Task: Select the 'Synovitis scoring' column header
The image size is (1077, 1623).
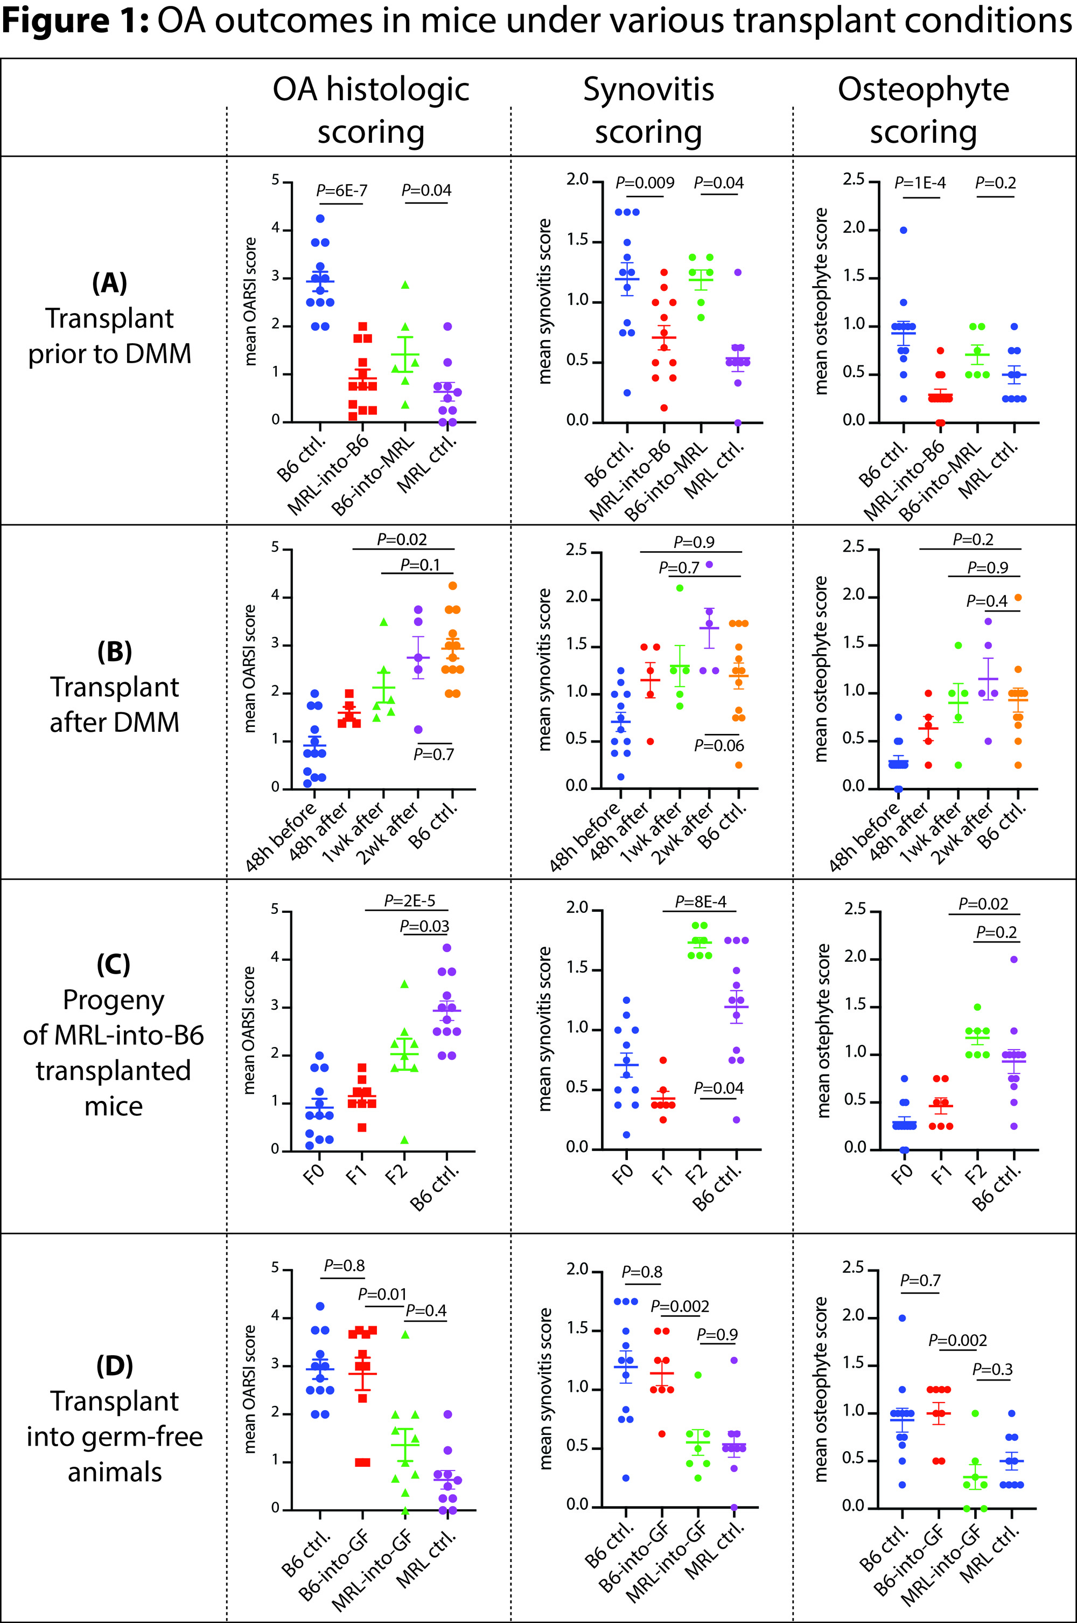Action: (648, 110)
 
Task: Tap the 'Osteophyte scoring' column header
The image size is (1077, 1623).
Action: (923, 110)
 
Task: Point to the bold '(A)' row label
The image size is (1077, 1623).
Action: (109, 282)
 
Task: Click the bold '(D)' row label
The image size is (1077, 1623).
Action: (114, 1365)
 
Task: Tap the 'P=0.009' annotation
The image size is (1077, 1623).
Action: (644, 183)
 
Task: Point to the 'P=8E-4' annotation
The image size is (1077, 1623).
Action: (700, 901)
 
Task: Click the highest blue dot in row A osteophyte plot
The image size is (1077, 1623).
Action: (903, 230)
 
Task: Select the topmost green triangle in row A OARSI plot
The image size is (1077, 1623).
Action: (405, 285)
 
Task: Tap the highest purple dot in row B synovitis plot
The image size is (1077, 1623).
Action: (709, 565)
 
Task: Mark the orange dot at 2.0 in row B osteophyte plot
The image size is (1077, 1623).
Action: (1018, 598)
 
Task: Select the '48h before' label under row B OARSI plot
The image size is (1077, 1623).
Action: (281, 836)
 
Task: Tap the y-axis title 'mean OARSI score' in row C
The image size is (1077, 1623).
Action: (249, 1030)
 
